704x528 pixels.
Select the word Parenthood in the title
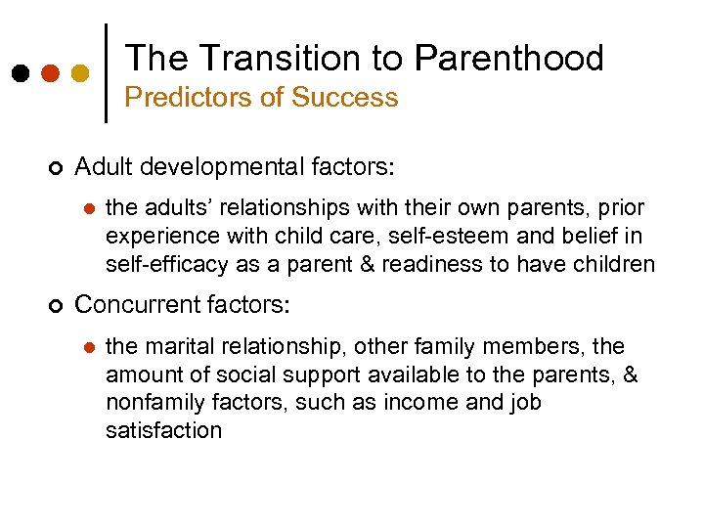coord(508,59)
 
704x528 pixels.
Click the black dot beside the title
coord(20,73)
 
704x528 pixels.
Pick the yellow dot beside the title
coord(81,73)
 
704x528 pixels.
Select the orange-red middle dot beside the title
coord(50,73)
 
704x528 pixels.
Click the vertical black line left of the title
coord(106,72)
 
